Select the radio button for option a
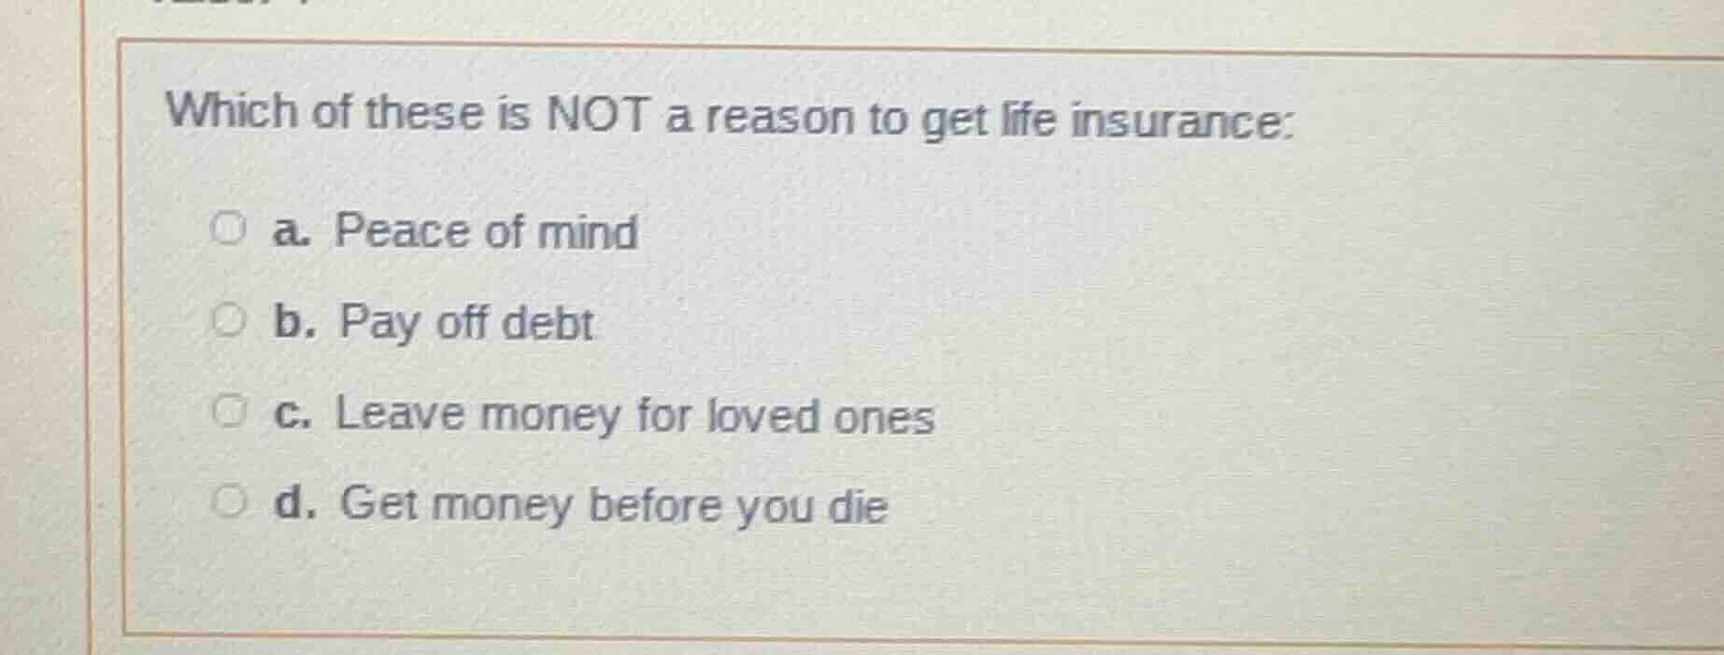228,228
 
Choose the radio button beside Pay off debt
227,322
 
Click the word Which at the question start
231,111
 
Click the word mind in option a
588,232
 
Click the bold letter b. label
293,322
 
